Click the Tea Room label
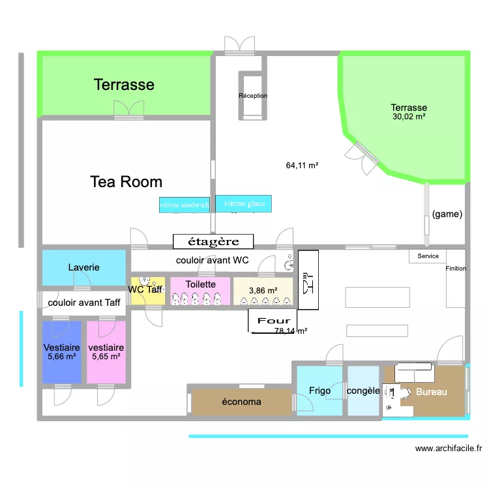126,182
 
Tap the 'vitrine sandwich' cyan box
184,204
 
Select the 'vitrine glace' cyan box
244,203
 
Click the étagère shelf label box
213,242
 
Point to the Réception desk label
253,96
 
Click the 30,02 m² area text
409,117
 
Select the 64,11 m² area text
302,166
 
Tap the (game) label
447,214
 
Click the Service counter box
428,256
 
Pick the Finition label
456,269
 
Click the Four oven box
273,321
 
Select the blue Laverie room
83,267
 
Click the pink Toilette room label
200,285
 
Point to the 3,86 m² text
263,291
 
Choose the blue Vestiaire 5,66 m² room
62,352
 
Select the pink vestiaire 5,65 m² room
106,352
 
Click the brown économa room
241,402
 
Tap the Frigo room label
319,391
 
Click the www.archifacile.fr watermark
449,448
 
